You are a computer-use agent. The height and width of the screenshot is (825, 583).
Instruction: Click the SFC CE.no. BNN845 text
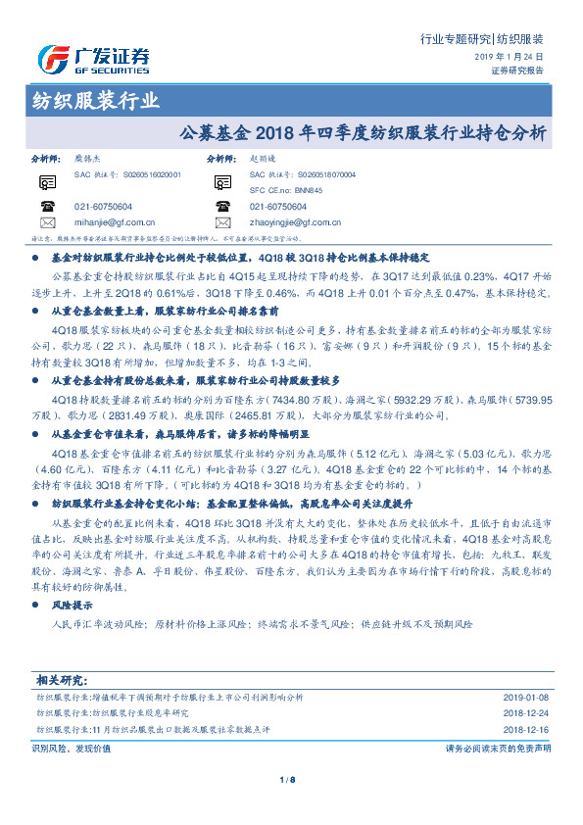(278, 189)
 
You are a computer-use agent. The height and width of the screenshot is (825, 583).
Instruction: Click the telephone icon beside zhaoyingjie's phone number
(222, 207)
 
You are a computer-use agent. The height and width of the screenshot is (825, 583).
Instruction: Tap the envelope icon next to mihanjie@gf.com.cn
(47, 222)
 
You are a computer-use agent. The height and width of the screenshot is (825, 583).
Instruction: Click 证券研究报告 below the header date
(517, 72)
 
